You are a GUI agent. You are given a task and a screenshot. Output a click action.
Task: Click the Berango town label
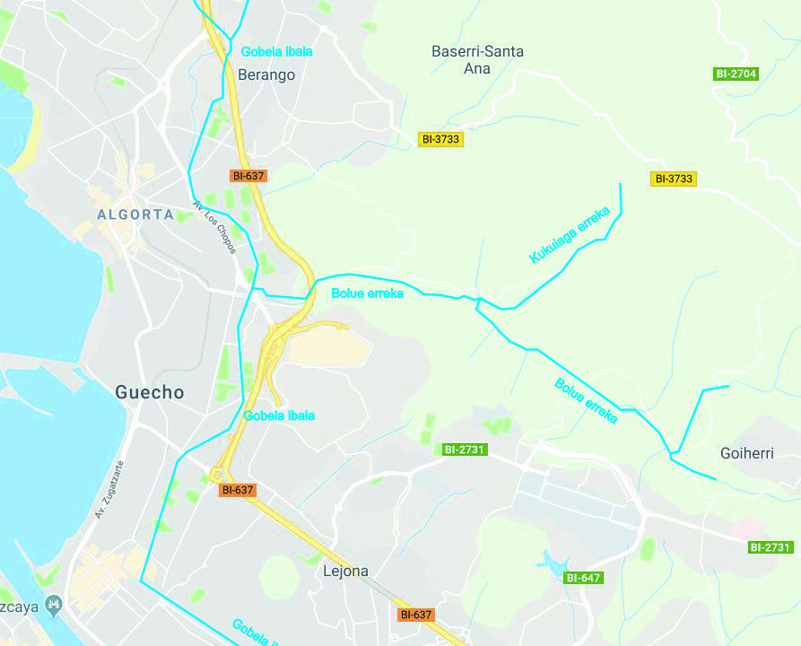tap(266, 74)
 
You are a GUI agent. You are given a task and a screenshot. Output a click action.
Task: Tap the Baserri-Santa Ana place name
tap(477, 59)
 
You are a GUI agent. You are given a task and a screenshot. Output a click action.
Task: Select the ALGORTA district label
tap(135, 214)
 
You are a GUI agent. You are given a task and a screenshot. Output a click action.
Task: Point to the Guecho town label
tap(150, 392)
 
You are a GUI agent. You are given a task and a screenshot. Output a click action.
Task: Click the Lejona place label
tap(345, 571)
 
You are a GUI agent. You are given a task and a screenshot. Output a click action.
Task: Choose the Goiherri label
tap(746, 453)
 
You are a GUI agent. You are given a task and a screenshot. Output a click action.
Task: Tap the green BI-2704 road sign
tap(736, 74)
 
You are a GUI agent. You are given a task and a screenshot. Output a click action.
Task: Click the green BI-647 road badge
tap(583, 578)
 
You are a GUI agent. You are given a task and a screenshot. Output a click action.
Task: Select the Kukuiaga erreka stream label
tap(570, 235)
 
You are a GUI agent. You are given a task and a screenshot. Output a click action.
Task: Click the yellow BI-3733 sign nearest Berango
tap(440, 139)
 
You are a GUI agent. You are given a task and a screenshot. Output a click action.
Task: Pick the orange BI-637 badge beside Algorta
tap(248, 176)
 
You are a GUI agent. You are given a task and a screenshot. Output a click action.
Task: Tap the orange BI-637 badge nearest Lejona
tap(417, 615)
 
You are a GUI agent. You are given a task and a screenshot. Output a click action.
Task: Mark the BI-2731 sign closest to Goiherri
tap(771, 546)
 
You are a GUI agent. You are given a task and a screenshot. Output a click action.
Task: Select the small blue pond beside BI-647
tap(553, 562)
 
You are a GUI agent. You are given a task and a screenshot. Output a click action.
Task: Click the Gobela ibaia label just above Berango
tap(276, 52)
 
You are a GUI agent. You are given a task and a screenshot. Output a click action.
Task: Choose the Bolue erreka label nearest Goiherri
tap(586, 400)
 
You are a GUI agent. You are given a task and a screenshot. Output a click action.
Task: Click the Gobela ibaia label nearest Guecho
tap(279, 415)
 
